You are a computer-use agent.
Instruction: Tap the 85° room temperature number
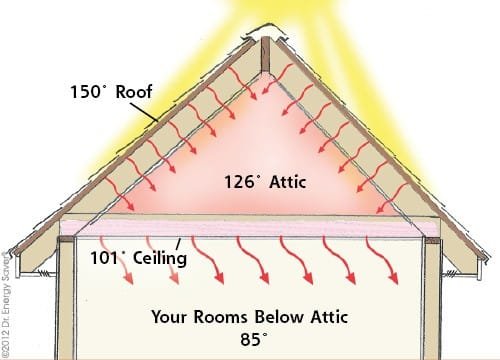[x=250, y=339]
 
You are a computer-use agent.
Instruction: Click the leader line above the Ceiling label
[x=178, y=243]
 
